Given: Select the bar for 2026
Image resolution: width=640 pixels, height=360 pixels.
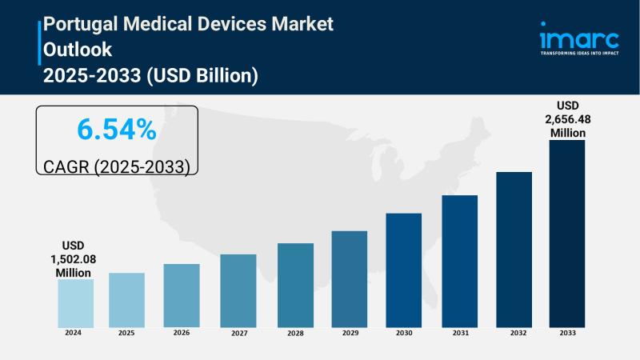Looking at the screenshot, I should [182, 295].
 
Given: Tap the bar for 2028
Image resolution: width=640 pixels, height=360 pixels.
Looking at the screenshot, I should [295, 285].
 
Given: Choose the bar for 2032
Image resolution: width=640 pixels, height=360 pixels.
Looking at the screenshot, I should [514, 249].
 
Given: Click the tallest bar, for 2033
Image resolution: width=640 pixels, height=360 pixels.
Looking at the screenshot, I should [566, 234].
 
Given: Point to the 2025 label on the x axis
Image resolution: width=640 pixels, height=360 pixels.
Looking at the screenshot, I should [126, 332].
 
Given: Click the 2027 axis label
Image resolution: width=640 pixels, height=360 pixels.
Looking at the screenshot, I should [238, 334].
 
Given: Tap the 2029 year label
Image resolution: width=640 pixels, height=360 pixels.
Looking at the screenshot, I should [349, 332].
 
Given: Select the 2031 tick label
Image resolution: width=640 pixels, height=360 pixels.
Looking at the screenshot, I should [459, 332].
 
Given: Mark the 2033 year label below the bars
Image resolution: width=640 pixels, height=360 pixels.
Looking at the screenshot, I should [566, 332].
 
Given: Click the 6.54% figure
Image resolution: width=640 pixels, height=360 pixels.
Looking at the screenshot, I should [117, 129].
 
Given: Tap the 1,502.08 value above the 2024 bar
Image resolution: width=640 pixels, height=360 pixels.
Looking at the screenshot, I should [75, 259].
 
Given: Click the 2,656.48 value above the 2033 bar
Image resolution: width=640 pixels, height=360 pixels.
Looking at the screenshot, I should [566, 119].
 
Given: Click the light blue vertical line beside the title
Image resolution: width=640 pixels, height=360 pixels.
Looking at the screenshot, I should [39, 42].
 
